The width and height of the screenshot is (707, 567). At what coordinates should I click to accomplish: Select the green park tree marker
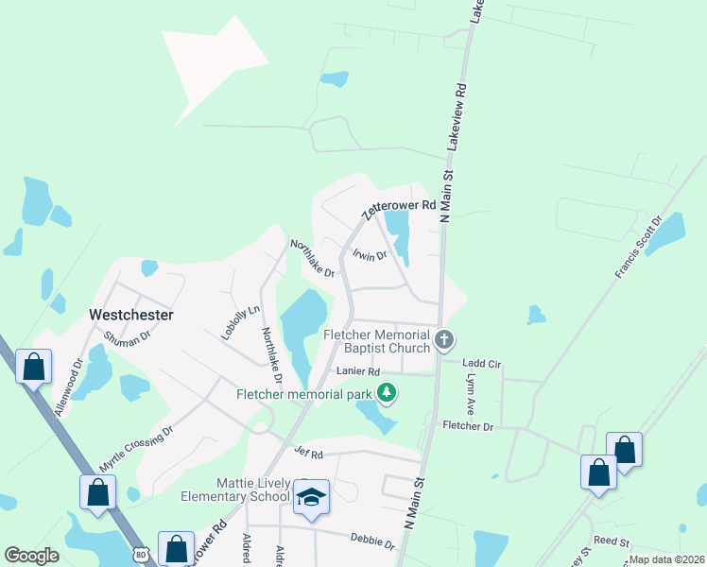pos(386,392)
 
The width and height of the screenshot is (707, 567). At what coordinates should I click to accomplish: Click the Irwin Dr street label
pos(370,253)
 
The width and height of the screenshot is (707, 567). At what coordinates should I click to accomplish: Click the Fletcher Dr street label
pos(469,427)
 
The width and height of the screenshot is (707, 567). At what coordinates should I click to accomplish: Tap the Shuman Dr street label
pos(128,337)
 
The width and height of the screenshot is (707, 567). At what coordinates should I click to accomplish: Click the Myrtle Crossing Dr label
pos(136,449)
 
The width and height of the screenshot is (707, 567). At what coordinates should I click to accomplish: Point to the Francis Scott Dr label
pos(639,247)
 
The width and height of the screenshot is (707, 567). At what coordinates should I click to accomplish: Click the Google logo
pos(31,556)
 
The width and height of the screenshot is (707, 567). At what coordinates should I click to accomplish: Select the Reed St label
pos(612,541)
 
